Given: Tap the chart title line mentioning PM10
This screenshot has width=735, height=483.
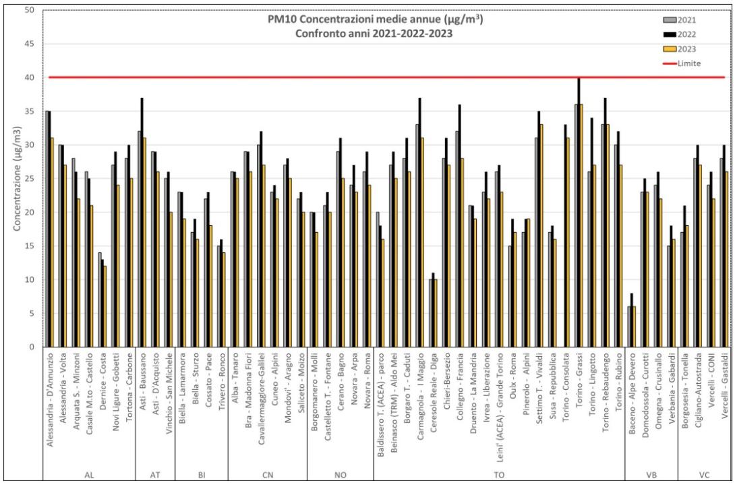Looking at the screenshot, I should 375,20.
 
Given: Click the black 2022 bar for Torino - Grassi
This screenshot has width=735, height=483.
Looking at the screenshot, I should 579,212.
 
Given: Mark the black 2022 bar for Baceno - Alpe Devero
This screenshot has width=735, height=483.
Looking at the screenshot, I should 631,320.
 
